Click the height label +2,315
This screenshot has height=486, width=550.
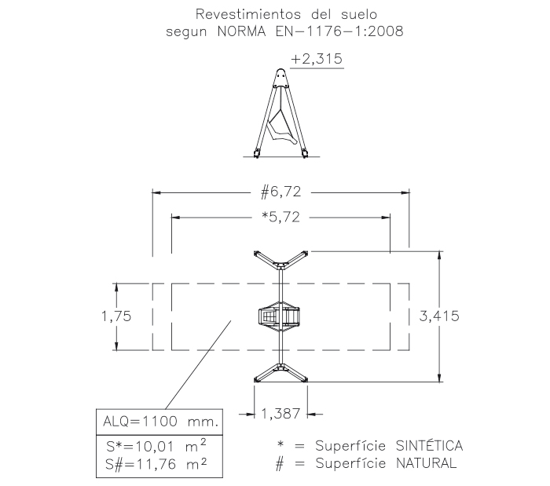pyautogui.click(x=317, y=59)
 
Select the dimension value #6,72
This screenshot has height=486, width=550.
pyautogui.click(x=281, y=192)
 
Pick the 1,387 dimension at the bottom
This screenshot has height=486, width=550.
pyautogui.click(x=281, y=412)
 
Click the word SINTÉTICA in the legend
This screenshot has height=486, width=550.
pyautogui.click(x=427, y=446)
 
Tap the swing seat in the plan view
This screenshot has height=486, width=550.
pyautogui.click(x=280, y=316)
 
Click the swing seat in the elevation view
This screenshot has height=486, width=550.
pyautogui.click(x=280, y=128)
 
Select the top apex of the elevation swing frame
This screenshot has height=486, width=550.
pyautogui.click(x=280, y=72)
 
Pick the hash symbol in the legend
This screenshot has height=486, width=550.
pyautogui.click(x=280, y=463)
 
